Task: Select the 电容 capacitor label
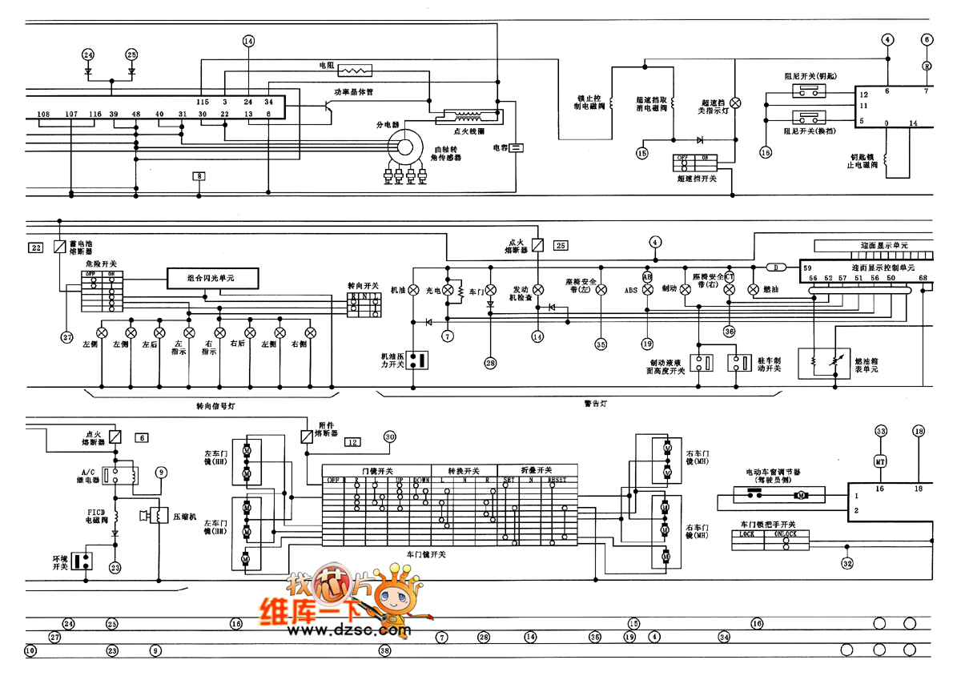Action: pos(501,148)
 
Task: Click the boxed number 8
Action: pos(199,175)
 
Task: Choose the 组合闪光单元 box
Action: pos(213,278)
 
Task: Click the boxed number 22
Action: pos(36,247)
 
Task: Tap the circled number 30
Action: pos(389,437)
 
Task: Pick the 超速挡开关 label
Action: pos(696,179)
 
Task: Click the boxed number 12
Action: pos(352,441)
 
